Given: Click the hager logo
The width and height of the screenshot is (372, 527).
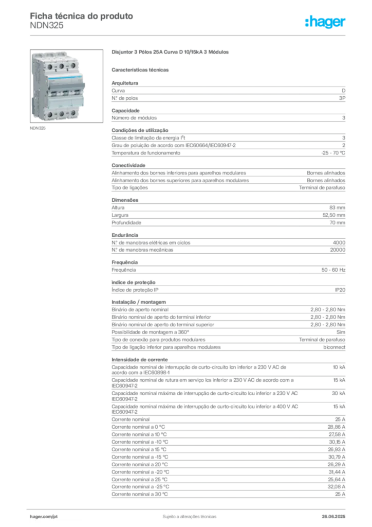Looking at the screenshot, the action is pos(325,22).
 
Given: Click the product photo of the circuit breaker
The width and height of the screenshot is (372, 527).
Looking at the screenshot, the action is pos(66,86).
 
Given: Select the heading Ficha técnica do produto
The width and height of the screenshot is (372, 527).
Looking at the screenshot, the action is pos(82,16).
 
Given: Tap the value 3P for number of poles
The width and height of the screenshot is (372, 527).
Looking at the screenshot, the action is pos(342,98).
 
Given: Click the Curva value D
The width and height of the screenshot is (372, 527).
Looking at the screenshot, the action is pos(344,91).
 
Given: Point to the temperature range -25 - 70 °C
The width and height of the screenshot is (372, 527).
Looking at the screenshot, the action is pos(333,153).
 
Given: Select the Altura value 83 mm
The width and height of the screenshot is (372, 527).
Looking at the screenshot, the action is pos(337,208).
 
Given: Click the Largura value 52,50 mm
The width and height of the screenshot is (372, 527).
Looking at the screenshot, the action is pos(334,215).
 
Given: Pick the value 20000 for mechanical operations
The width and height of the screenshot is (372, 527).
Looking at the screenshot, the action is pos(338,250).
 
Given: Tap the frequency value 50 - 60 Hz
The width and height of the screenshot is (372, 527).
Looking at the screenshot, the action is pos(333,270).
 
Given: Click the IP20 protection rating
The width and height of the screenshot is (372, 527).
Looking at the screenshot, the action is pos(340,290).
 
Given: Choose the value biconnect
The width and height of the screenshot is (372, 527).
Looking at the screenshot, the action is pos(334,347).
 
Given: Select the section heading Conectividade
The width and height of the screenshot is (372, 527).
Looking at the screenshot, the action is pos(128,165).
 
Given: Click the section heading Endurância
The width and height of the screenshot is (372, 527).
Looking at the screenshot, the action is pos(125,235).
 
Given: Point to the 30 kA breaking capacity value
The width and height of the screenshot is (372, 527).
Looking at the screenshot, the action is pos(339,393).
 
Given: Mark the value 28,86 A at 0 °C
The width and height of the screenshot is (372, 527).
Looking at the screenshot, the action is pos(337,427).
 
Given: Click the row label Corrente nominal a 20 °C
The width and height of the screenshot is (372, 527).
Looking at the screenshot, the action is pos(140,465).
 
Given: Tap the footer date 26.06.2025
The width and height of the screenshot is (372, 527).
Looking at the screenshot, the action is pos(333,517).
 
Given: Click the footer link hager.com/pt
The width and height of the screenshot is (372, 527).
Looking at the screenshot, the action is pos(44,517).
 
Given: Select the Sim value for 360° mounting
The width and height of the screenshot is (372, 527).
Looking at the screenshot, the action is pos(341,332).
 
